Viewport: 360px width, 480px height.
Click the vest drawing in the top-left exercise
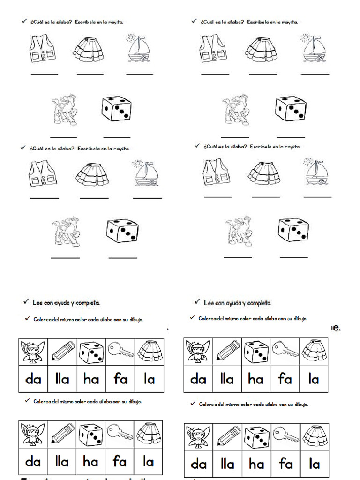click(43, 49)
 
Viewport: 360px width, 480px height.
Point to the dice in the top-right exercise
click(291, 109)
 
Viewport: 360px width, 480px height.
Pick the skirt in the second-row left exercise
click(92, 173)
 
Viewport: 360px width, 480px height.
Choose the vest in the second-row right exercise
click(216, 172)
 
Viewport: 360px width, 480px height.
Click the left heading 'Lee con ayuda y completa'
click(66, 303)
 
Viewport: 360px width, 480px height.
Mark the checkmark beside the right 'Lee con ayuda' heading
click(197, 302)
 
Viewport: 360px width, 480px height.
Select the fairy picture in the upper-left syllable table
click(33, 352)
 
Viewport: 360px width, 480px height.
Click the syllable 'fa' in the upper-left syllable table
click(120, 379)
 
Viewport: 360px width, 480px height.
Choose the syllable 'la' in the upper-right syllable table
click(314, 379)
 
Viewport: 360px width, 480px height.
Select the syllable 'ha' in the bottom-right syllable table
click(256, 464)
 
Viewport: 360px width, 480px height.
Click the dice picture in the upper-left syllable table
click(91, 352)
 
